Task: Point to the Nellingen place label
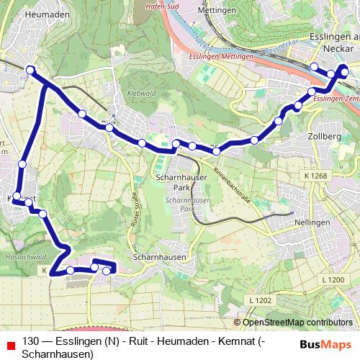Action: (312, 223)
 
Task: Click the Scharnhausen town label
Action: (160, 256)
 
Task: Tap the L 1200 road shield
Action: (333, 279)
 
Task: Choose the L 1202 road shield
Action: (261, 300)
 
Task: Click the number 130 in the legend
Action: (31, 341)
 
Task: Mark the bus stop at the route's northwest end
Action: (30, 70)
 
